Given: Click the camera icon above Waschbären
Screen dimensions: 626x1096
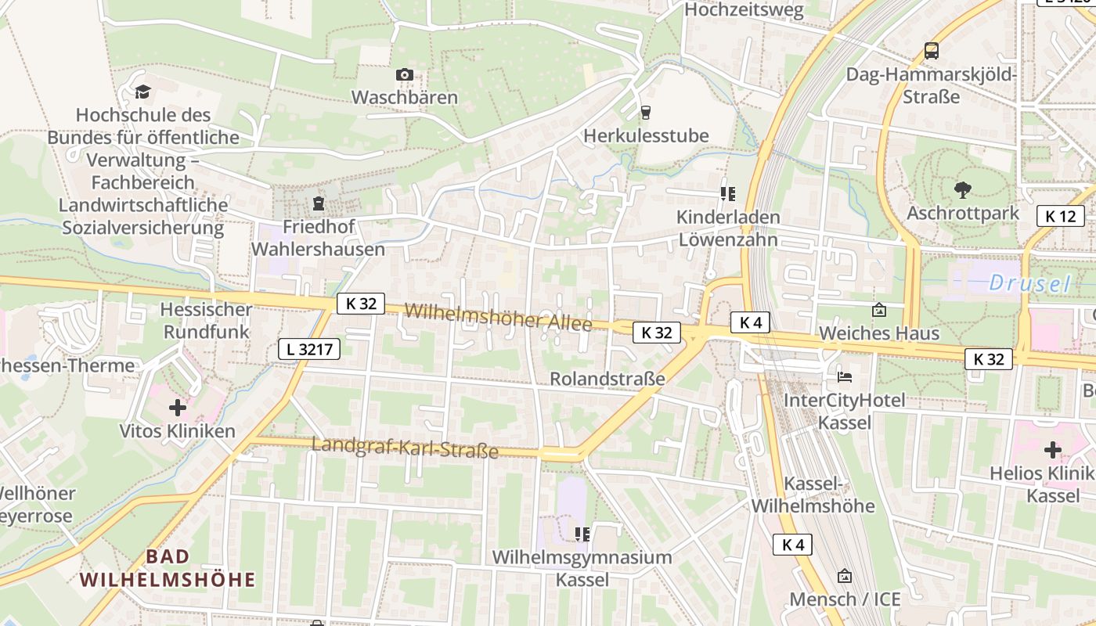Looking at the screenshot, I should (x=404, y=75).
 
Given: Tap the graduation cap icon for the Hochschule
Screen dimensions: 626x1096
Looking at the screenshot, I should (x=142, y=92).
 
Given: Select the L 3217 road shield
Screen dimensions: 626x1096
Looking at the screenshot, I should (x=309, y=349).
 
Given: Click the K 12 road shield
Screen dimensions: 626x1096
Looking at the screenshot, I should (x=1061, y=216).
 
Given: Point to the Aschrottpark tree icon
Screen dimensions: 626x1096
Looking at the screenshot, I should (x=962, y=189).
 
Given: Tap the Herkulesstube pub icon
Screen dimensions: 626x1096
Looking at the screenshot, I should (x=645, y=113).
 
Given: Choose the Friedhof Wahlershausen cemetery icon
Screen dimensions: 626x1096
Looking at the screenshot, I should (x=318, y=204).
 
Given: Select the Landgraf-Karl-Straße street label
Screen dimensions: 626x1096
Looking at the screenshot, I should (x=405, y=448).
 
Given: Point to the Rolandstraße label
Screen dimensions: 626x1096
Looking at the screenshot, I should (x=607, y=379).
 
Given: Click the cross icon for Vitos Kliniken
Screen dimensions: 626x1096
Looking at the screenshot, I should (x=178, y=408).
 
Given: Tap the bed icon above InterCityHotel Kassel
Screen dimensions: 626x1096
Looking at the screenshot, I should (x=844, y=377).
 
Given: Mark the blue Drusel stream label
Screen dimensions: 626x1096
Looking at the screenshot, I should (x=1029, y=283).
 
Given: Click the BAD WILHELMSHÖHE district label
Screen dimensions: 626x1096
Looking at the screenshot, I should (x=168, y=568).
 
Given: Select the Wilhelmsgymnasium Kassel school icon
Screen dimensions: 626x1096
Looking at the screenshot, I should (x=582, y=534).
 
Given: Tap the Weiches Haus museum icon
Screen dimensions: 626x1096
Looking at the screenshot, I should (x=878, y=311).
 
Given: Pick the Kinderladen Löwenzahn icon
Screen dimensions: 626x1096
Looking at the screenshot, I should (x=728, y=193).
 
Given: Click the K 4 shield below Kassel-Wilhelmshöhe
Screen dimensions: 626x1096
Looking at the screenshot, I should (x=792, y=545).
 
